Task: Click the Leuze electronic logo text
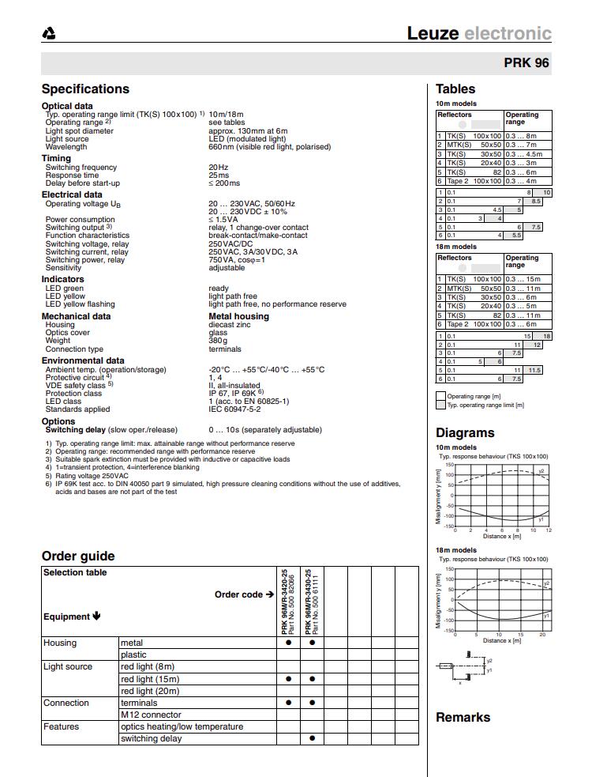(x=479, y=33)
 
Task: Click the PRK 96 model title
(x=526, y=63)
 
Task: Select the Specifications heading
(x=85, y=89)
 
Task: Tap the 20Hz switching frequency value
(x=218, y=168)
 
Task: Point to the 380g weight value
(x=219, y=341)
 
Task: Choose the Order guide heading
(x=78, y=556)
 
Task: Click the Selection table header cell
(x=75, y=573)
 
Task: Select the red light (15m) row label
(x=150, y=679)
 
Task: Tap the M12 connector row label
(x=151, y=715)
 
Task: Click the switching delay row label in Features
(x=151, y=738)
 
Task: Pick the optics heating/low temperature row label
(x=182, y=726)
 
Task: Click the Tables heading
(x=455, y=89)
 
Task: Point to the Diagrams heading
(x=465, y=433)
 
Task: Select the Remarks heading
(x=463, y=718)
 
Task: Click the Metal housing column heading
(x=238, y=316)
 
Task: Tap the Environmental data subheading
(x=83, y=360)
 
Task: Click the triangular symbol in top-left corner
(x=49, y=34)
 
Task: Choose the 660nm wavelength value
(x=269, y=147)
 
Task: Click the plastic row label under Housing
(x=133, y=654)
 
